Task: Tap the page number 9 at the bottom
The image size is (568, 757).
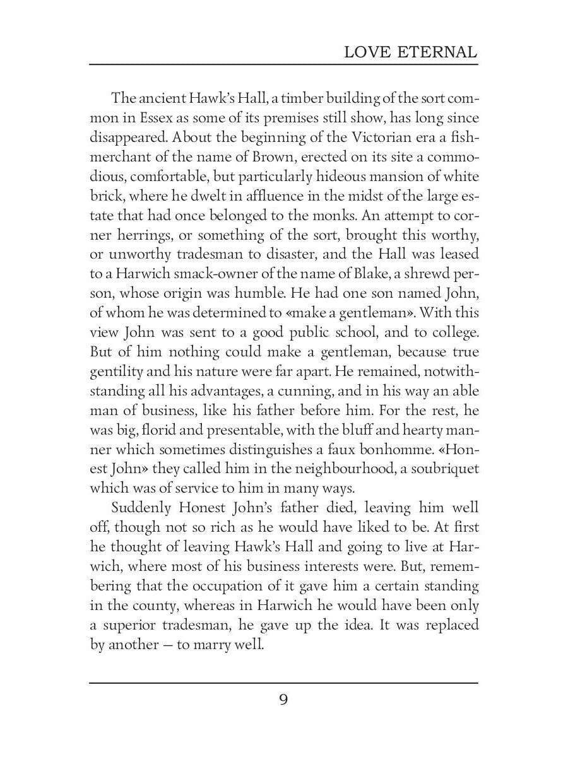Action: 283,700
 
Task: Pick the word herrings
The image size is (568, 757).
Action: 147,235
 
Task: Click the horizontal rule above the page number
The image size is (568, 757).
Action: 283,683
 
